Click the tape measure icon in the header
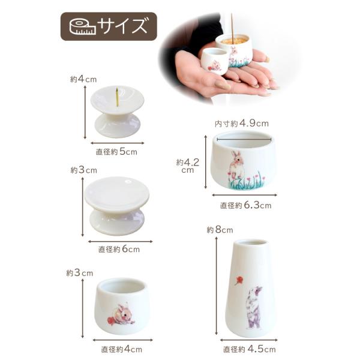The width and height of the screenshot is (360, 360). [x=82, y=27]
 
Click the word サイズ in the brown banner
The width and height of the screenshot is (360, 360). [x=122, y=26]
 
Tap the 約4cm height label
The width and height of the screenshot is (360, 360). [x=83, y=79]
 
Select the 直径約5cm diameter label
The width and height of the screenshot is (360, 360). [x=116, y=152]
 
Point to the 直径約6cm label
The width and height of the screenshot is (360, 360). [x=119, y=250]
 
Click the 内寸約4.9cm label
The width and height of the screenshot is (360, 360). [x=242, y=124]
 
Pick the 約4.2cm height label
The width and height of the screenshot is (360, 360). [x=188, y=166]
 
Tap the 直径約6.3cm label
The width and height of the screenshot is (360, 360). [x=245, y=205]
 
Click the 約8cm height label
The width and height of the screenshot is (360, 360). [x=220, y=230]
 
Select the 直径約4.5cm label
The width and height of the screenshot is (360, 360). [x=250, y=349]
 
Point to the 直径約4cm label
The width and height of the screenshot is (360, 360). [x=121, y=349]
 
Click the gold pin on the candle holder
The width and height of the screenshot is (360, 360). [x=117, y=97]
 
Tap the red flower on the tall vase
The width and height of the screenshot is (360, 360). [x=238, y=281]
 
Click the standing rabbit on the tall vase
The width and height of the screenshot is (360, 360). [x=254, y=307]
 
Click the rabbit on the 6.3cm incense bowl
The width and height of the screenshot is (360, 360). [x=236, y=164]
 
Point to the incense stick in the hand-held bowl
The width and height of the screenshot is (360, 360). [x=232, y=28]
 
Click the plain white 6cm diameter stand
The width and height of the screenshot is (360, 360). [x=117, y=206]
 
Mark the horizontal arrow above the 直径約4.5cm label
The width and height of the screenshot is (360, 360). [x=248, y=340]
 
